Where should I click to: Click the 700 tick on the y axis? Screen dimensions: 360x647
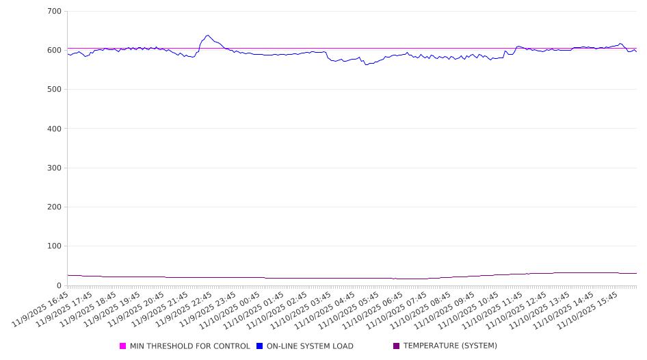tap(55, 12)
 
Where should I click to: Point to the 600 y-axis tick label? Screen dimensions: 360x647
tap(55, 51)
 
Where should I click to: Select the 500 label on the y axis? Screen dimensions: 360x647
tap(55, 90)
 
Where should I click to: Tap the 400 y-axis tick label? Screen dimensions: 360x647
tap(55, 129)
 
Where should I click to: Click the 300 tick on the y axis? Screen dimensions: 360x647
tap(55, 168)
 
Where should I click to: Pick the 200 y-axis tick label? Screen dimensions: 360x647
tap(55, 207)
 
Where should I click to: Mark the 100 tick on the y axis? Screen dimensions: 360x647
tap(55, 246)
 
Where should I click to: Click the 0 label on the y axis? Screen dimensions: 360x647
tap(59, 285)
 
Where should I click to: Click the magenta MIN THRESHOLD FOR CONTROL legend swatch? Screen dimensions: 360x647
tap(123, 346)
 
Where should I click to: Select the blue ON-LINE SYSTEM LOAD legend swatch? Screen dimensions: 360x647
tap(260, 346)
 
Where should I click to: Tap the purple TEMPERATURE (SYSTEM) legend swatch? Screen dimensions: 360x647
tap(397, 346)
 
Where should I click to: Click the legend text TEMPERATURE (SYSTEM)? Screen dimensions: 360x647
tap(450, 346)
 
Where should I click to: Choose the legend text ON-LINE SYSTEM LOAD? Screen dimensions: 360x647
tap(310, 346)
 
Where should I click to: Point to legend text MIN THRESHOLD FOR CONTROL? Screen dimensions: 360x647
tap(190, 346)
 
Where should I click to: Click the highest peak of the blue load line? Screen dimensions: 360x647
tap(207, 35)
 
